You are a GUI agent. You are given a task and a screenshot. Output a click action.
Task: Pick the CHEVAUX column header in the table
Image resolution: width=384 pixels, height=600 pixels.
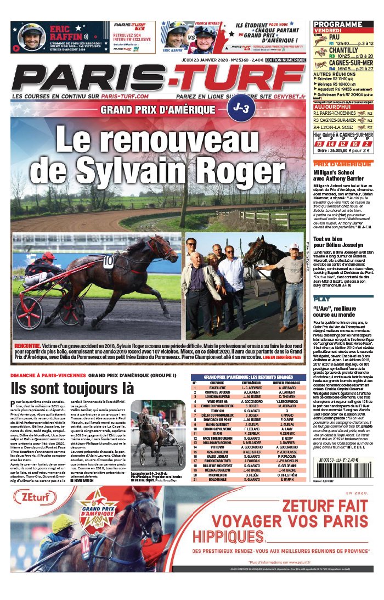(213, 383)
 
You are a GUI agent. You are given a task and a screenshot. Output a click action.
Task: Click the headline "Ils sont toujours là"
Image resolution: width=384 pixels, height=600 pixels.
(72, 388)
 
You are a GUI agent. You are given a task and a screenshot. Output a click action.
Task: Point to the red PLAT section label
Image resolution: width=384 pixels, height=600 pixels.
(322, 299)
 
